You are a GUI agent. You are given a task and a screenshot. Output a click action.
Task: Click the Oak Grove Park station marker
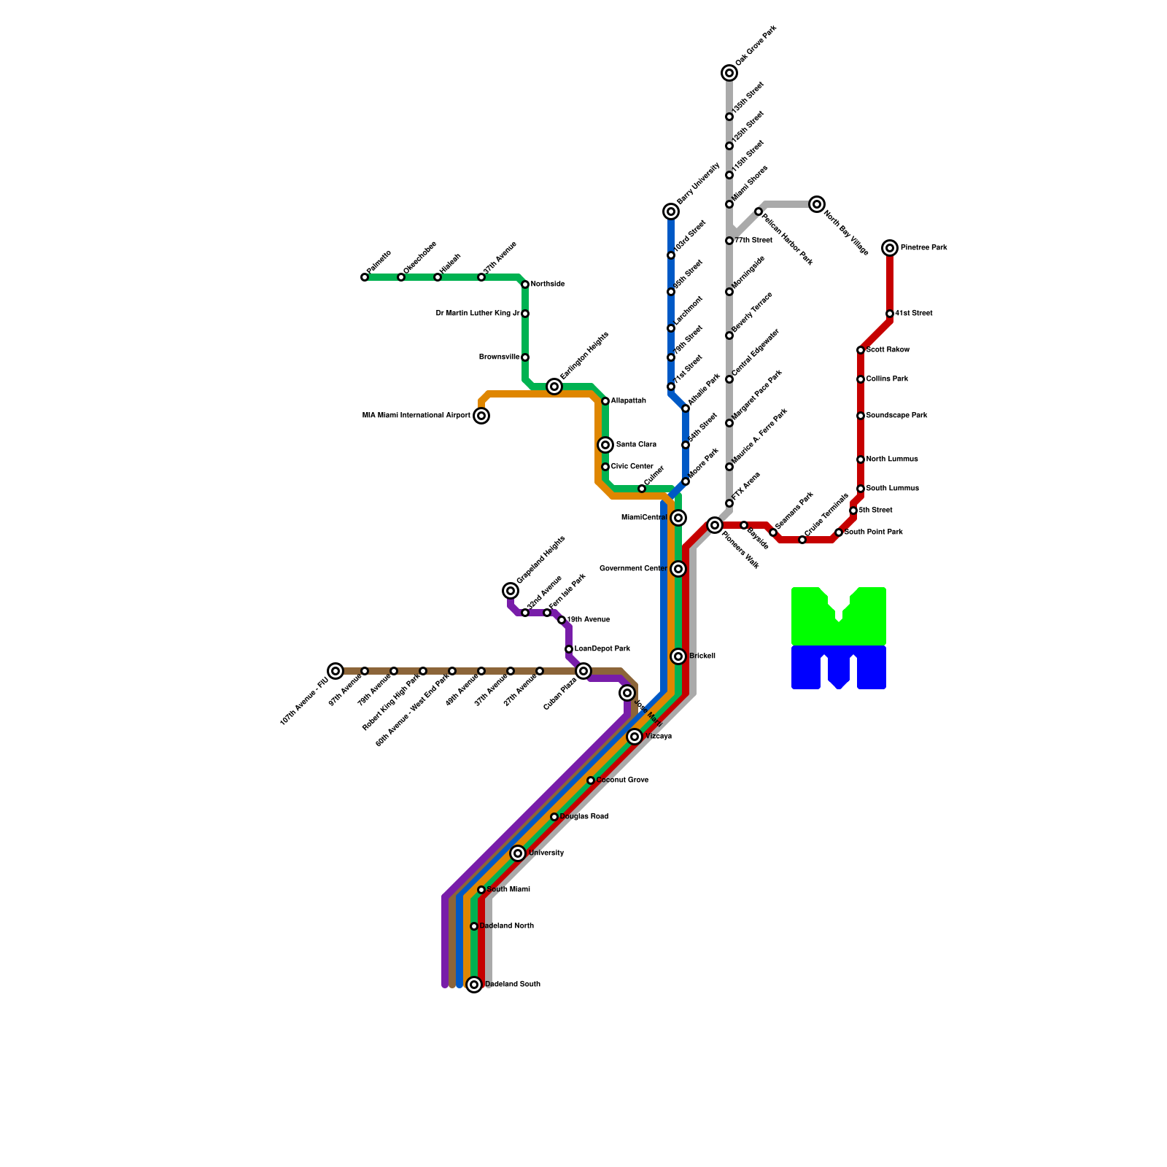tap(729, 73)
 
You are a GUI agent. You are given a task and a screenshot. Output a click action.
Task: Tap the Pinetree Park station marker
tap(890, 248)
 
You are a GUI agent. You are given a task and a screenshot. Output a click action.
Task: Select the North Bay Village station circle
tap(817, 204)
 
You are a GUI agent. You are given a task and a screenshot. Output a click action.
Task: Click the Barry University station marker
tap(671, 212)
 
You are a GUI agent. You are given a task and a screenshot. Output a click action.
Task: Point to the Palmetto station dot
tap(365, 277)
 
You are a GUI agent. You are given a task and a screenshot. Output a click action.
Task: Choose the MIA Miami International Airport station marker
tap(481, 416)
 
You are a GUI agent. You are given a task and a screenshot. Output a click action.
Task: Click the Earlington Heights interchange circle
tap(554, 387)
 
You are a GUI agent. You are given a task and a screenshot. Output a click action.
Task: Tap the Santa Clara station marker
tap(605, 445)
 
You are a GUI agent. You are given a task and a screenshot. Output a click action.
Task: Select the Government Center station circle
tap(678, 569)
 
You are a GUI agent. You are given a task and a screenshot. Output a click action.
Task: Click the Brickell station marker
tap(678, 656)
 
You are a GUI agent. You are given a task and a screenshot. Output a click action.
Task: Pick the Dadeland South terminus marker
tap(474, 985)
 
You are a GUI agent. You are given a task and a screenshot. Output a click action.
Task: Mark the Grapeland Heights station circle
tap(511, 591)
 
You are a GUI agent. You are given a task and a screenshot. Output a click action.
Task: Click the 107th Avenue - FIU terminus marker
tap(336, 671)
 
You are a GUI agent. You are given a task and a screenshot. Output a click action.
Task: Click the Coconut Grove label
tap(622, 780)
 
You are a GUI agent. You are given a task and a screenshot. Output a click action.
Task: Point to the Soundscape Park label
tap(896, 416)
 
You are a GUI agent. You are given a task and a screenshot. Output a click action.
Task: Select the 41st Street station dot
tap(890, 314)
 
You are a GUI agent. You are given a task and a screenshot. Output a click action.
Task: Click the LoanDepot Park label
tap(602, 649)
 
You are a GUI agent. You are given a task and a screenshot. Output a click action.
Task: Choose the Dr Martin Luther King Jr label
tap(478, 314)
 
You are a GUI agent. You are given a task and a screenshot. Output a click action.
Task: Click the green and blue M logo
tap(839, 638)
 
